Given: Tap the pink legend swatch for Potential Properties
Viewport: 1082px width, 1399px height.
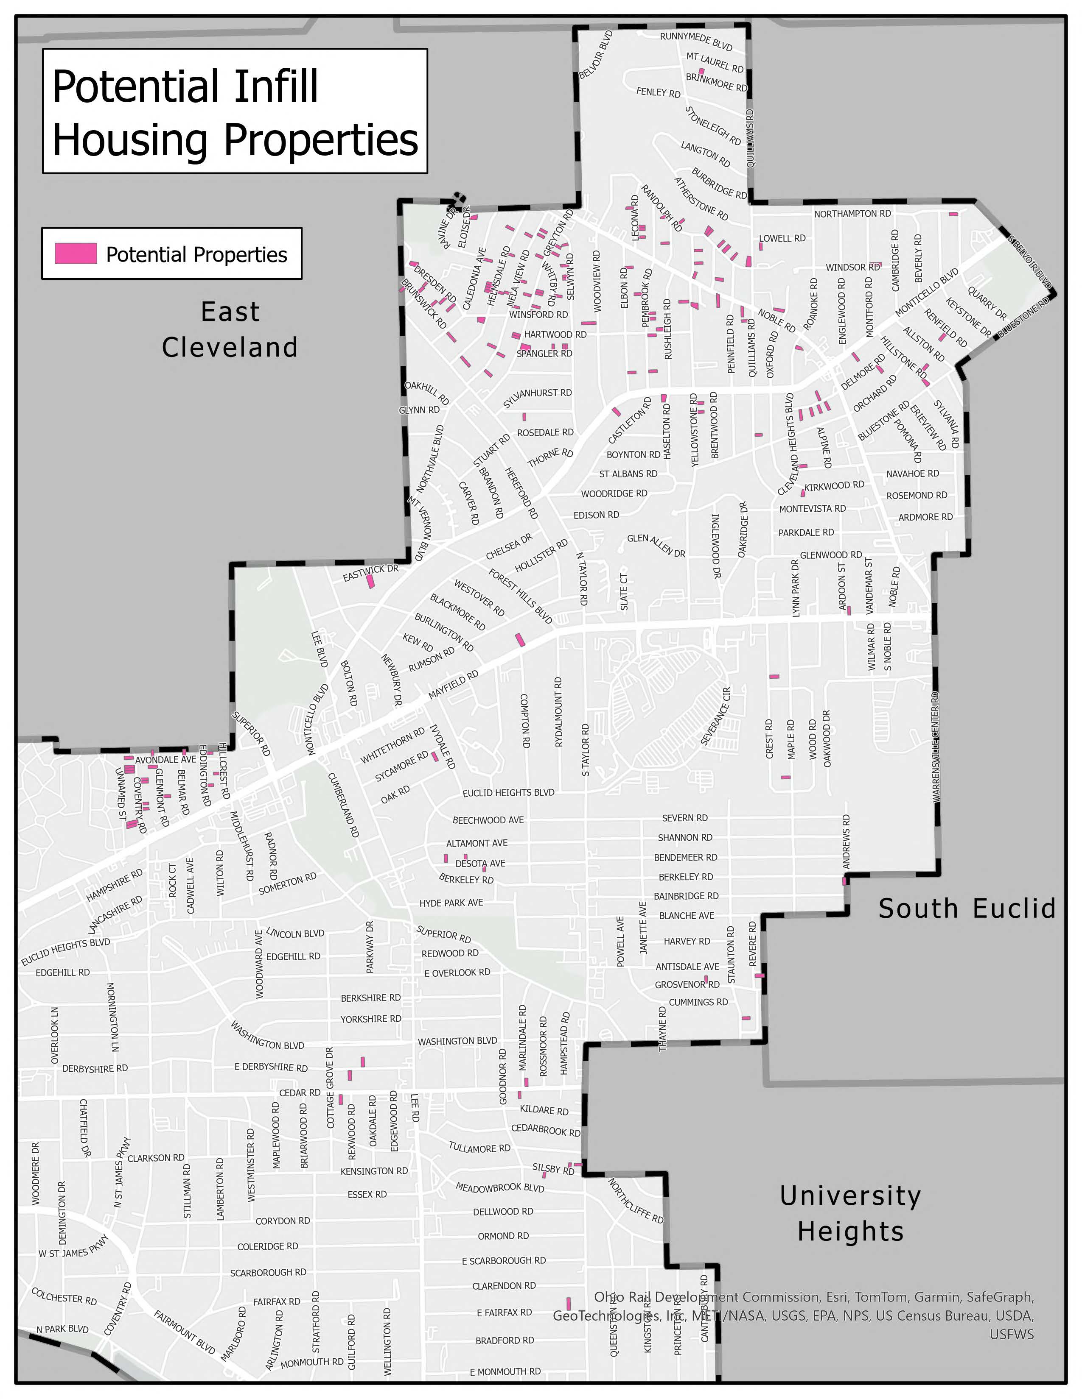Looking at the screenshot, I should pos(76,254).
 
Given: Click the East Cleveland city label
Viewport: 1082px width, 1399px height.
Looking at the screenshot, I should pos(230,329).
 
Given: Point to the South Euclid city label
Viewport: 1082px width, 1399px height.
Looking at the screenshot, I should pos(967,909).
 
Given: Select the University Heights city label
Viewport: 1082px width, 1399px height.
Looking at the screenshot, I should pos(851,1213).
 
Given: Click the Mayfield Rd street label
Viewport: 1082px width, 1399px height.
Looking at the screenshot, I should pos(453,684).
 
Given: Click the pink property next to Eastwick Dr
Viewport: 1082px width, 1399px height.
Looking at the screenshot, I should pos(370,582).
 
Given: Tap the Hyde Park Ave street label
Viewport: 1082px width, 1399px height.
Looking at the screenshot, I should pos(451,903).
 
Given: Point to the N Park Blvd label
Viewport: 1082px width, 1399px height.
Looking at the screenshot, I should pos(62,1329).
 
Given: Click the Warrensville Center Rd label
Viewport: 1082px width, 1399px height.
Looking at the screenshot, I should pos(935,746).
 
